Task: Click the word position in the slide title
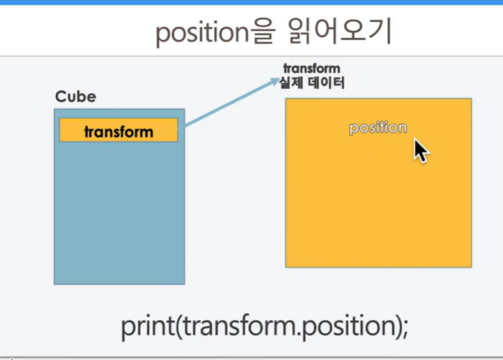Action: [x=202, y=33]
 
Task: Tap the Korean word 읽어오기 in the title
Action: [x=340, y=31]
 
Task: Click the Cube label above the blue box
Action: [x=76, y=97]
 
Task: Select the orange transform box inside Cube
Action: [x=118, y=130]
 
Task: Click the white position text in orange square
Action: [x=378, y=128]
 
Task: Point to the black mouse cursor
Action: [x=420, y=151]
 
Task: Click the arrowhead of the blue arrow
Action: [x=275, y=81]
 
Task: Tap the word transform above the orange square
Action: [x=312, y=68]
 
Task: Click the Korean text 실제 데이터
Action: [x=312, y=82]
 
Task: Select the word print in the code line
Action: [x=148, y=326]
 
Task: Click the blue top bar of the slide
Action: [x=251, y=3]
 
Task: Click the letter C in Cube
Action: [x=60, y=97]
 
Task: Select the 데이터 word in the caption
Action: [x=326, y=82]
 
